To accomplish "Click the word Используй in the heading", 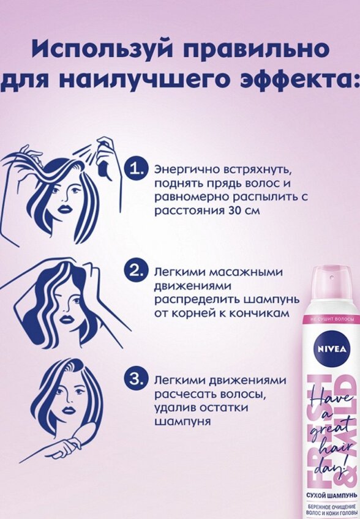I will pos(100,50).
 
